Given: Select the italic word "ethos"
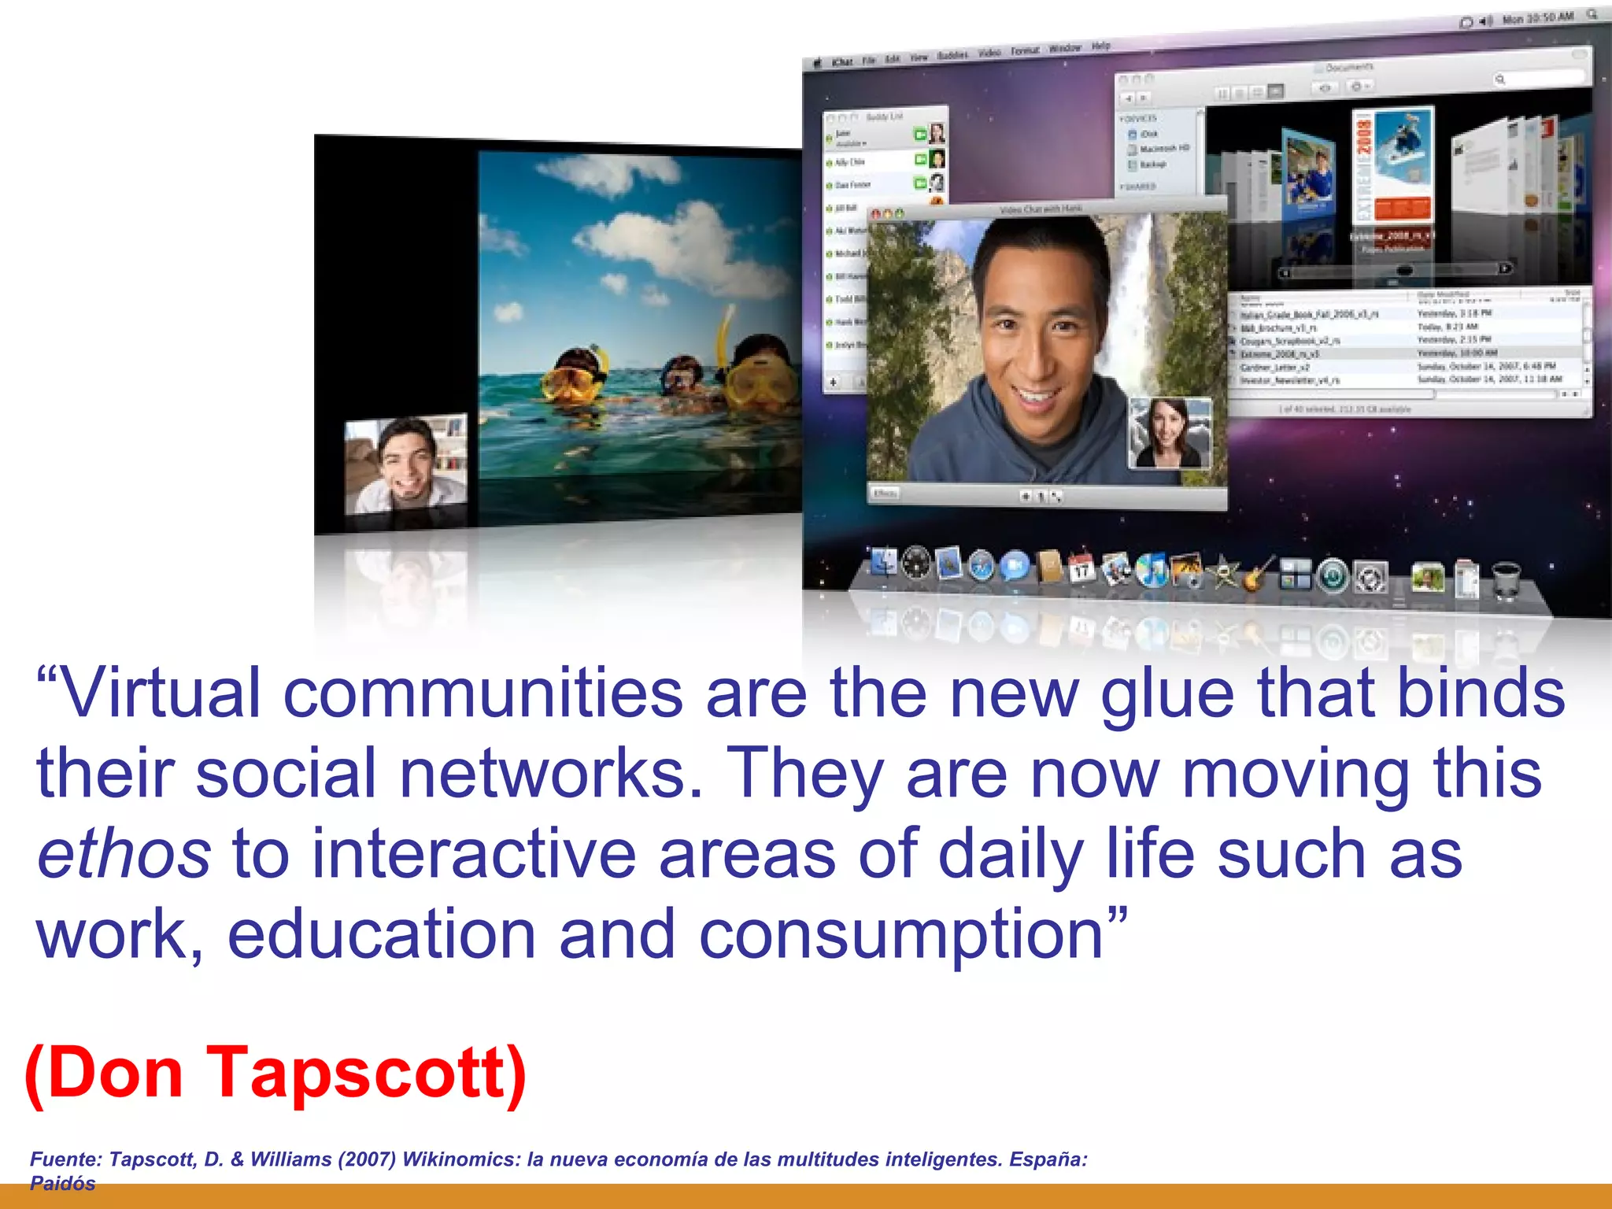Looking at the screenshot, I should (124, 855).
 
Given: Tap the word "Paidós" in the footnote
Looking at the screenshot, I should (63, 1183).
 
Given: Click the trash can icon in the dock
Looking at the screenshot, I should (1504, 579).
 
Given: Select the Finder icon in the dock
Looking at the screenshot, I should (884, 562).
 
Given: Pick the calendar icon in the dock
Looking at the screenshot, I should (1082, 567).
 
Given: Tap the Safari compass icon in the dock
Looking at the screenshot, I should (982, 564).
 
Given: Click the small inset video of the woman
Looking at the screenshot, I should (1170, 433).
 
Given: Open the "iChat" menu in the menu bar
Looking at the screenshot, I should (842, 62).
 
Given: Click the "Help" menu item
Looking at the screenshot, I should (1100, 46).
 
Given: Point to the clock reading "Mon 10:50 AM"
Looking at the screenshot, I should (1537, 18).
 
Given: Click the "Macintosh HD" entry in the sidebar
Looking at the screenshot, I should (1164, 149).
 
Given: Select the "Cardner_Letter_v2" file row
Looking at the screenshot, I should (1275, 368).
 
